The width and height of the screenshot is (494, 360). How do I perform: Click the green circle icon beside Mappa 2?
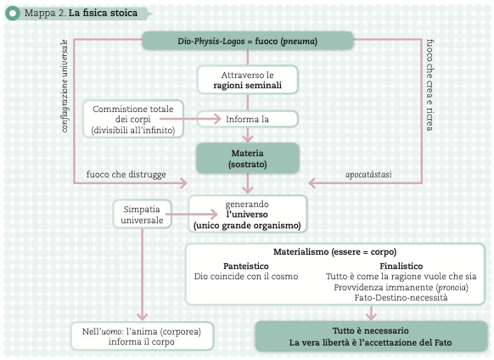(13, 14)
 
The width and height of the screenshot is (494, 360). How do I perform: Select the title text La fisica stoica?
(103, 13)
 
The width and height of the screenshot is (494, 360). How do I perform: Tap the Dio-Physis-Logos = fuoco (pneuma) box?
(248, 41)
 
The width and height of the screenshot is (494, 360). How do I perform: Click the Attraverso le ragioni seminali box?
(248, 80)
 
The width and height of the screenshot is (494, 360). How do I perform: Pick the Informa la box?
(248, 119)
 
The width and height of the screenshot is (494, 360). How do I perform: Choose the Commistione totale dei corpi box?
(133, 119)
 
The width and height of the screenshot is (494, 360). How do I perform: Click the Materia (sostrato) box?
(248, 158)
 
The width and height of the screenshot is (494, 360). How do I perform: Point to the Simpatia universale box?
(143, 214)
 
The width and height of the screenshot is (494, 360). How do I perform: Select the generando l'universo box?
(248, 214)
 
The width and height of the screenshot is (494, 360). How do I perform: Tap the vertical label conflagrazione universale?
(65, 86)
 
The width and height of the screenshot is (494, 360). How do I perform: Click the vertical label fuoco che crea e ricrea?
(429, 85)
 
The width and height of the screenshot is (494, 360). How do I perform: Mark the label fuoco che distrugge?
(126, 174)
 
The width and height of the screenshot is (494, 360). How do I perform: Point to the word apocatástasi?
(368, 174)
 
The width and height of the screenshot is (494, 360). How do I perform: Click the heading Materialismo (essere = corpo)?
(335, 251)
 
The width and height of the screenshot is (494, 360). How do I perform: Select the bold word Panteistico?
(246, 266)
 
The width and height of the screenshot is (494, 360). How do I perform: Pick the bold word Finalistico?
(401, 266)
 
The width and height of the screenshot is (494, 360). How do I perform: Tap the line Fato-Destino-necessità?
(401, 297)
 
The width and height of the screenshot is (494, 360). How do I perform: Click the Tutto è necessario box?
(371, 336)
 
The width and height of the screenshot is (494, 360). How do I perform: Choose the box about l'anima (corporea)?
(142, 336)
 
